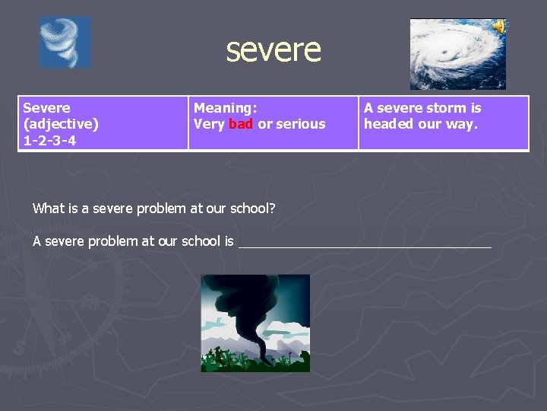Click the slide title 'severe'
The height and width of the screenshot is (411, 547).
pyautogui.click(x=273, y=50)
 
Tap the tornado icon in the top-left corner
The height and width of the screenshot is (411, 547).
pyautogui.click(x=65, y=43)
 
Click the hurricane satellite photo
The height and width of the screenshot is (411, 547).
pyautogui.click(x=457, y=55)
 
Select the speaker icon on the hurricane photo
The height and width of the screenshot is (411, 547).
pyautogui.click(x=498, y=27)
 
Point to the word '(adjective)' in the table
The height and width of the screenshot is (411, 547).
pyautogui.click(x=61, y=124)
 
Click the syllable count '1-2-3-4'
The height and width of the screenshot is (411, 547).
pyautogui.click(x=49, y=140)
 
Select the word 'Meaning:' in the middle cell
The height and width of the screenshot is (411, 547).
pyautogui.click(x=226, y=108)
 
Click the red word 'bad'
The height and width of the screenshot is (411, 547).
pyautogui.click(x=241, y=124)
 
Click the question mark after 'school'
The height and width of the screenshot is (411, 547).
pyautogui.click(x=272, y=208)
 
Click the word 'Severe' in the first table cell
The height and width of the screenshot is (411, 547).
pyautogui.click(x=46, y=108)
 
